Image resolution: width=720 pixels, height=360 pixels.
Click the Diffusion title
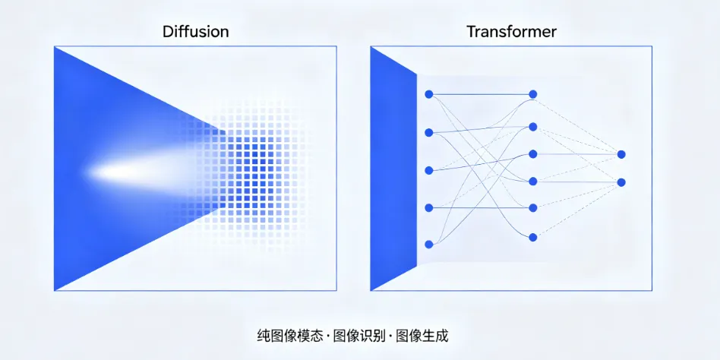pyautogui.click(x=195, y=32)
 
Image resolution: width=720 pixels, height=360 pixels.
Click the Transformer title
pyautogui.click(x=511, y=32)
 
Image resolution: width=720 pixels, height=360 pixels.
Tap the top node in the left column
pyautogui.click(x=429, y=94)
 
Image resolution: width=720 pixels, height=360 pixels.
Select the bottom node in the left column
pyautogui.click(x=429, y=244)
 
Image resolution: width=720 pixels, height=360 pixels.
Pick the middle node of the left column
pyautogui.click(x=429, y=169)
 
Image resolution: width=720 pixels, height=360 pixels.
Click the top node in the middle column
pyautogui.click(x=533, y=94)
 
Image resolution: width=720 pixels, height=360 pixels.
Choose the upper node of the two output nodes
pyautogui.click(x=621, y=154)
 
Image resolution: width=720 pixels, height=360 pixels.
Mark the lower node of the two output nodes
pyautogui.click(x=621, y=182)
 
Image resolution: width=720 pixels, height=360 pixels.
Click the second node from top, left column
pyautogui.click(x=429, y=132)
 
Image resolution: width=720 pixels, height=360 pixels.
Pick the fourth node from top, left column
pyautogui.click(x=429, y=207)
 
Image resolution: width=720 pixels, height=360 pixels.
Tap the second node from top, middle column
pyautogui.click(x=533, y=126)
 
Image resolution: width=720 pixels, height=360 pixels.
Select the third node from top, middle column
pyautogui.click(x=533, y=154)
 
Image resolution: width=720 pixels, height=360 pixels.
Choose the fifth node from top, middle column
pyautogui.click(x=533, y=207)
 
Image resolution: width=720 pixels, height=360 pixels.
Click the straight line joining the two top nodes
pyautogui.click(x=481, y=94)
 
